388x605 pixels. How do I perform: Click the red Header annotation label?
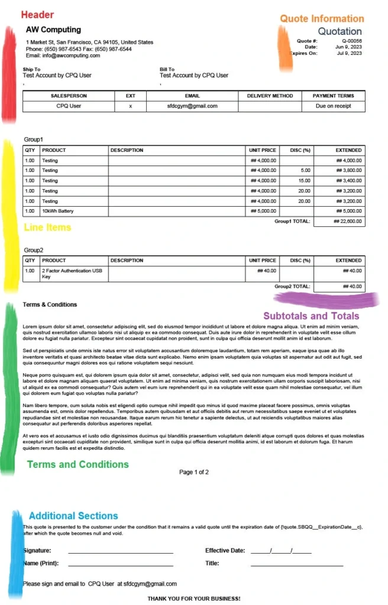tap(37, 15)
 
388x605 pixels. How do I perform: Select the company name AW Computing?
tap(53, 30)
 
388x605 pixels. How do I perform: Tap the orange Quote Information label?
tap(322, 19)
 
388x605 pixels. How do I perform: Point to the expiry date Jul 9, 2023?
tap(348, 53)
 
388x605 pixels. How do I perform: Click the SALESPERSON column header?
tap(69, 96)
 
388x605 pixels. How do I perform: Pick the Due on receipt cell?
tap(334, 106)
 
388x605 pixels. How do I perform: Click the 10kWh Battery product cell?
tap(58, 211)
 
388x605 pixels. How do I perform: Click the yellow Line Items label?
tap(47, 227)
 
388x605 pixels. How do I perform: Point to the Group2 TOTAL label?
tap(292, 287)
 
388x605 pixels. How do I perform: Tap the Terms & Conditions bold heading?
tap(50, 305)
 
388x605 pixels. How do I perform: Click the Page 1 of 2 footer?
tap(194, 472)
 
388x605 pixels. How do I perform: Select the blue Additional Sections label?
tap(73, 516)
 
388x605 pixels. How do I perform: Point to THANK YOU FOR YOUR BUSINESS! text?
tap(194, 599)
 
